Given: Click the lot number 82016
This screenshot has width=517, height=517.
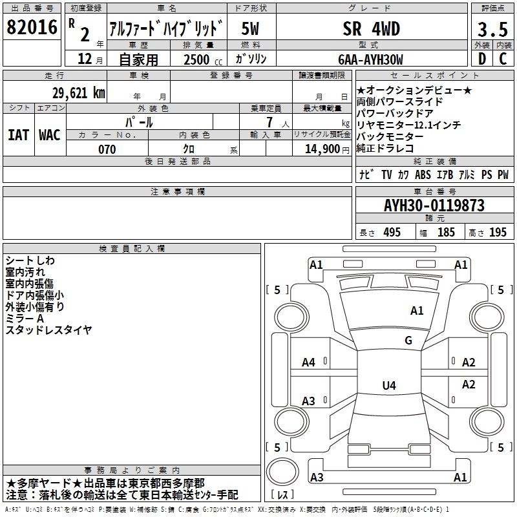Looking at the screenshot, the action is [x=32, y=27].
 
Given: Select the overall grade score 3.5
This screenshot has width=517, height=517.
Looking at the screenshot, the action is [x=492, y=29].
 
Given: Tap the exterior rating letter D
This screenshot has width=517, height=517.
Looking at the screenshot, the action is [x=482, y=59].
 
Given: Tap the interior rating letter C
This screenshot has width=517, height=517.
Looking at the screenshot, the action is [x=503, y=59].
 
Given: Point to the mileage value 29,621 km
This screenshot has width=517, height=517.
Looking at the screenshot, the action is [x=79, y=93].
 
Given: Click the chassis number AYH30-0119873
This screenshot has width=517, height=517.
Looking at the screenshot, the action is [x=434, y=206].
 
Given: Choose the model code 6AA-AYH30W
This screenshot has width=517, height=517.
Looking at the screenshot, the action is [x=370, y=59].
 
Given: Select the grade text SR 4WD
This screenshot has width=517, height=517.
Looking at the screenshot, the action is [x=371, y=28].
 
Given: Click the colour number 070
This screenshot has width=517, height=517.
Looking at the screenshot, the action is [x=107, y=149].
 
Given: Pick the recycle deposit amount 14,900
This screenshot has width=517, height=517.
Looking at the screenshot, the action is [x=322, y=149].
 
